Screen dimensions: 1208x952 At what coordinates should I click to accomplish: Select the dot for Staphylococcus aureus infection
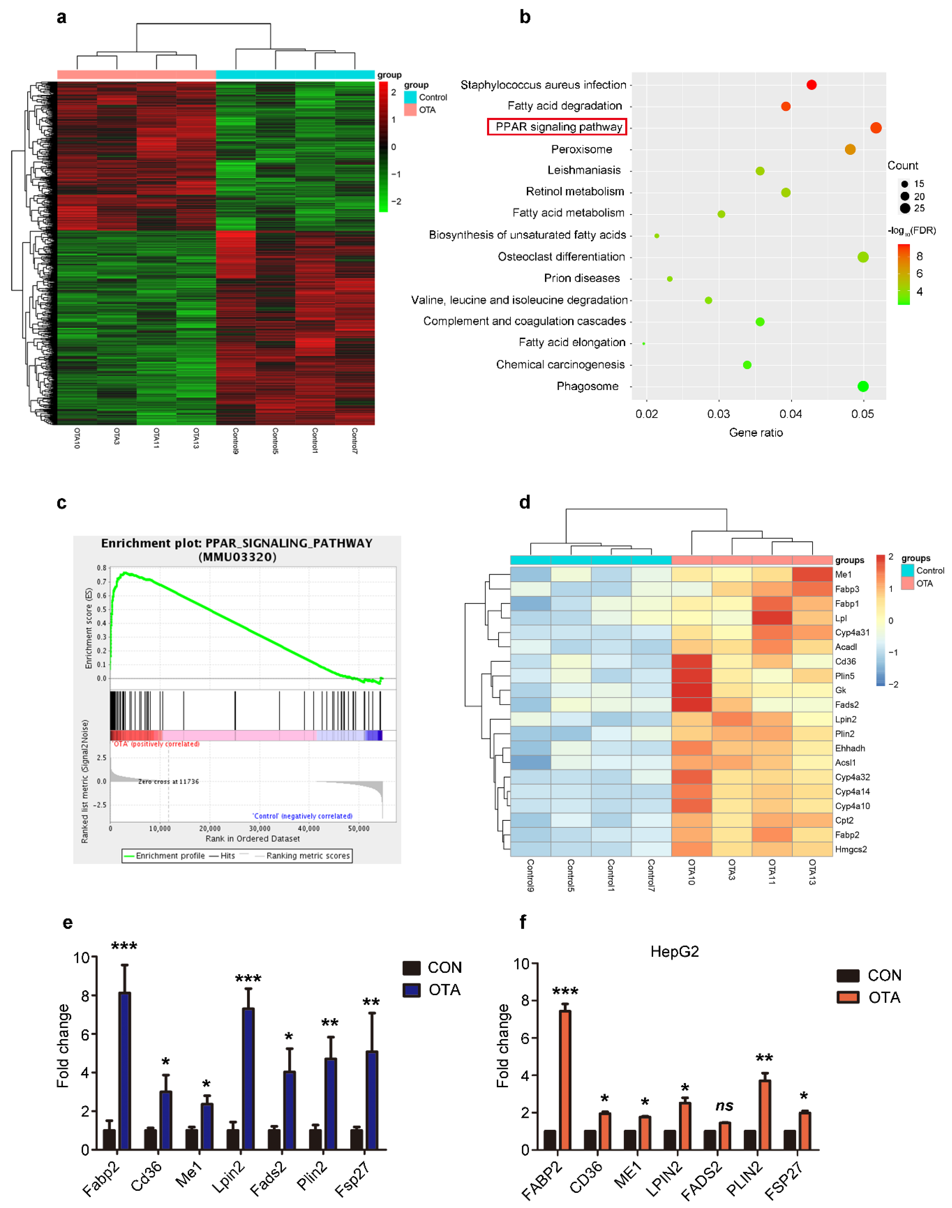pos(811,85)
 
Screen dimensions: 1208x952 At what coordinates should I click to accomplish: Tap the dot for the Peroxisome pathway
pos(850,149)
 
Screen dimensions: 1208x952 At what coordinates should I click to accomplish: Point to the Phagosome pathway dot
pos(863,386)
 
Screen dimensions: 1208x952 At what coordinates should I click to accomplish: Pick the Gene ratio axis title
pos(756,433)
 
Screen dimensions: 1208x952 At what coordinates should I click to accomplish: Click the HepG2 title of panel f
pos(675,951)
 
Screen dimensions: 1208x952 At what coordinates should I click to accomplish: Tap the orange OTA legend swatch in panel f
pos(848,997)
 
